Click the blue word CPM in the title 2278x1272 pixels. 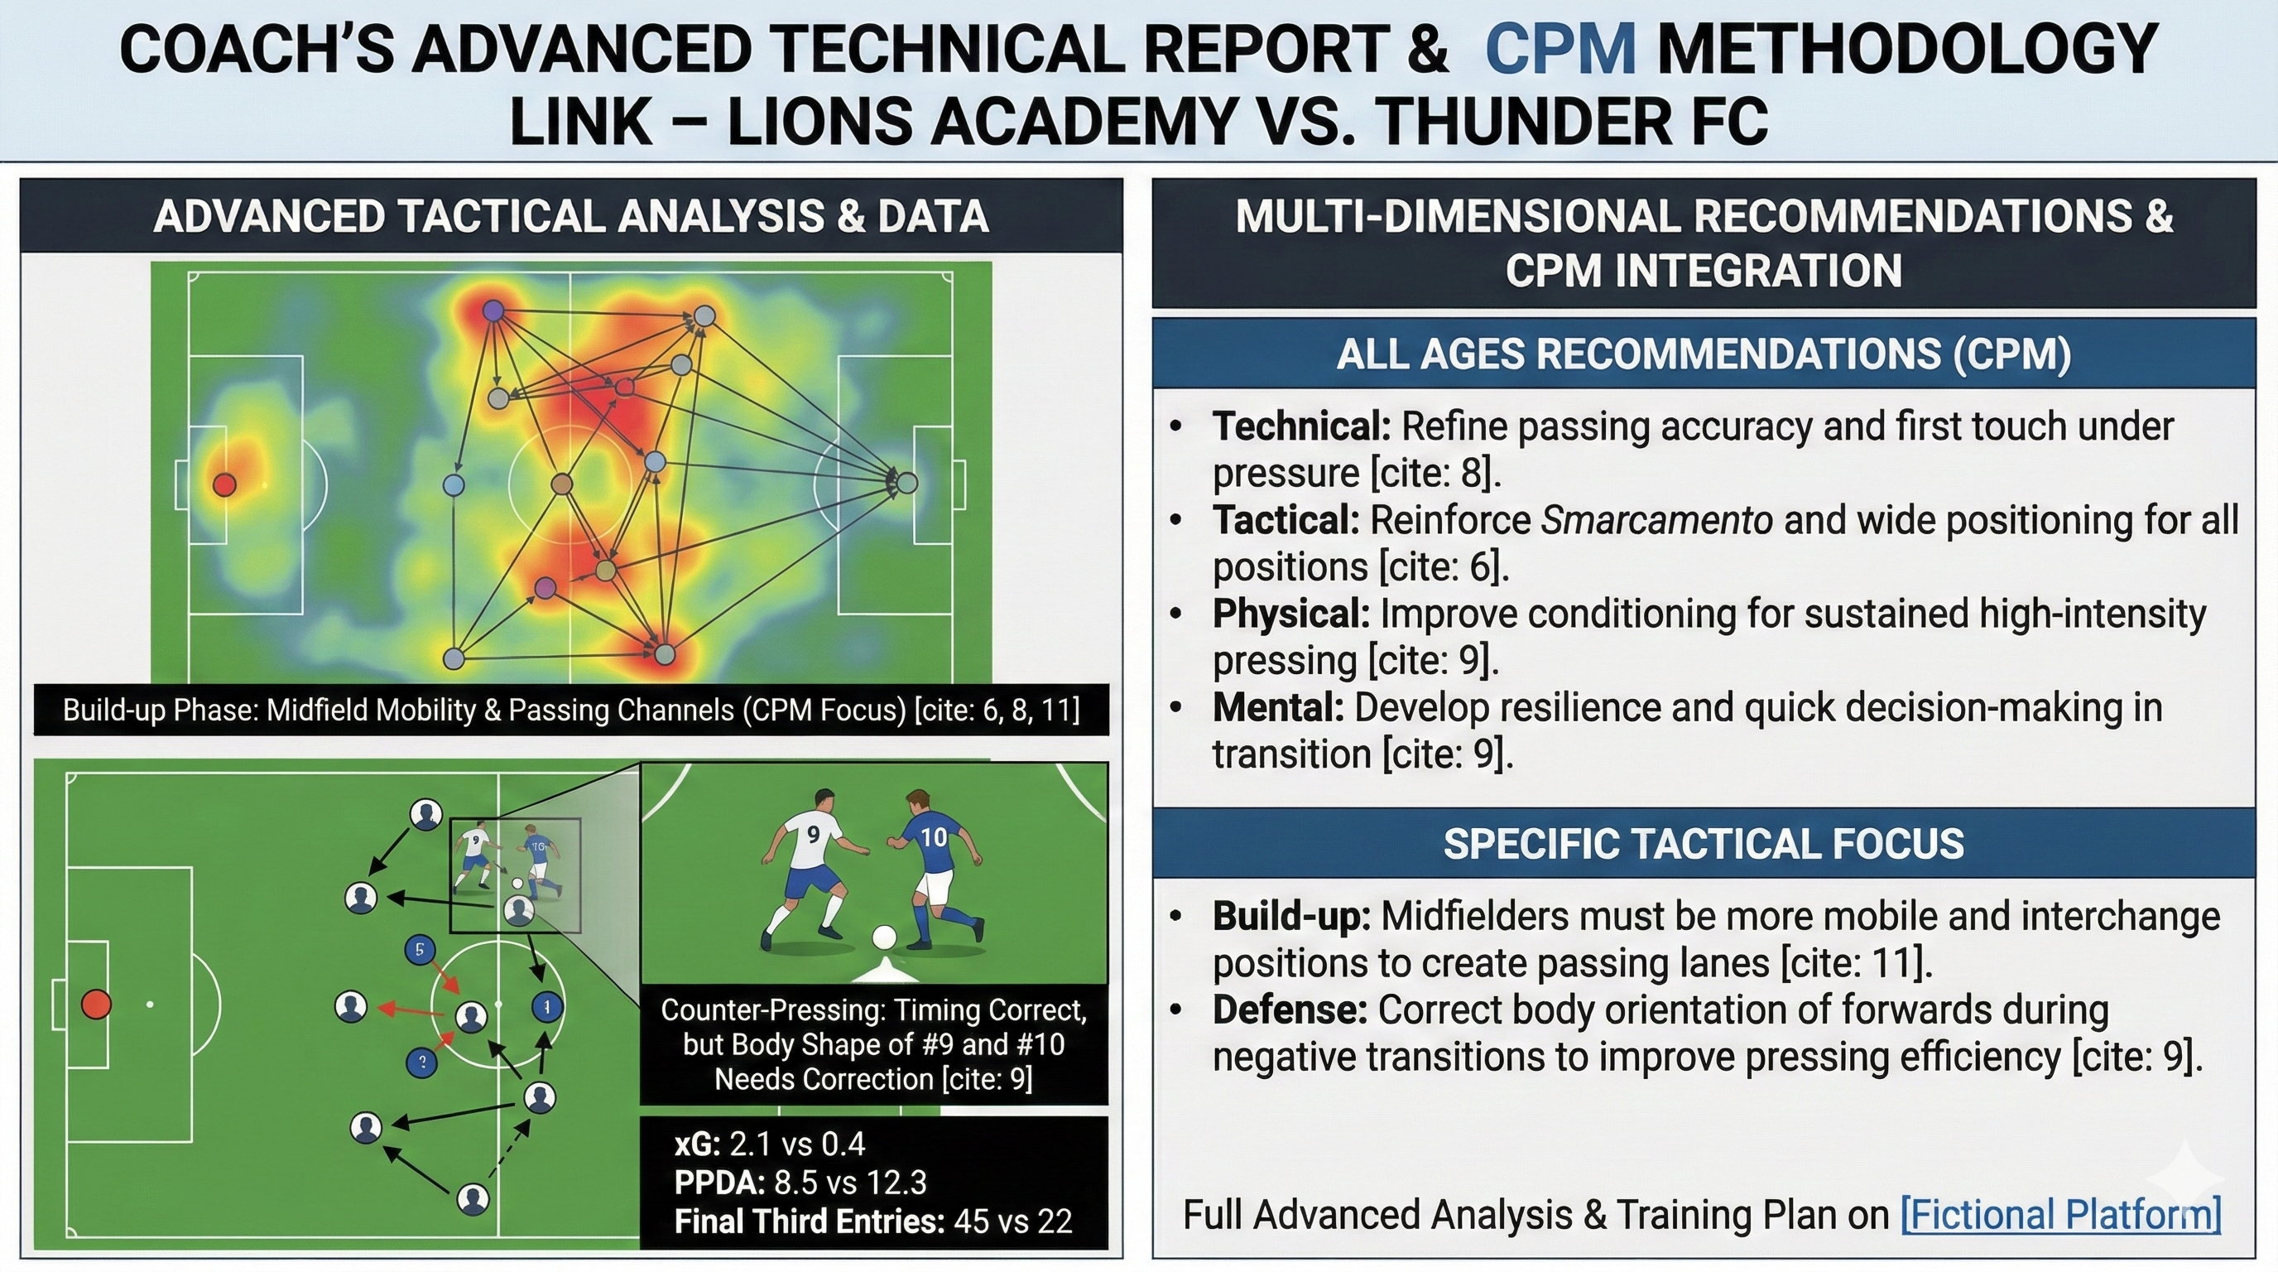pyautogui.click(x=1561, y=51)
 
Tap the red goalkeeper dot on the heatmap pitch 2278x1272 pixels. pyautogui.click(x=224, y=484)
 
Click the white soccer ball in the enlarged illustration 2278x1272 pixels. pyautogui.click(x=884, y=937)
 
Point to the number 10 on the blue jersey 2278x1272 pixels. pyautogui.click(x=934, y=836)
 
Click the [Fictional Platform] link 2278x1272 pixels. pyautogui.click(x=2060, y=1215)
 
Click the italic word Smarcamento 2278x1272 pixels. pyautogui.click(x=1656, y=520)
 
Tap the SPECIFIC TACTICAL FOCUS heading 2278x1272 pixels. pyautogui.click(x=1704, y=843)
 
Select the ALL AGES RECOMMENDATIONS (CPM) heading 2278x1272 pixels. pyautogui.click(x=1704, y=354)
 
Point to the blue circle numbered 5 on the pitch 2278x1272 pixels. pyautogui.click(x=419, y=950)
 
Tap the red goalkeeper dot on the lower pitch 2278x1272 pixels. pyautogui.click(x=96, y=1005)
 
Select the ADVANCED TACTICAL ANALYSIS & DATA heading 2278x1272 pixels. pyautogui.click(x=570, y=217)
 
